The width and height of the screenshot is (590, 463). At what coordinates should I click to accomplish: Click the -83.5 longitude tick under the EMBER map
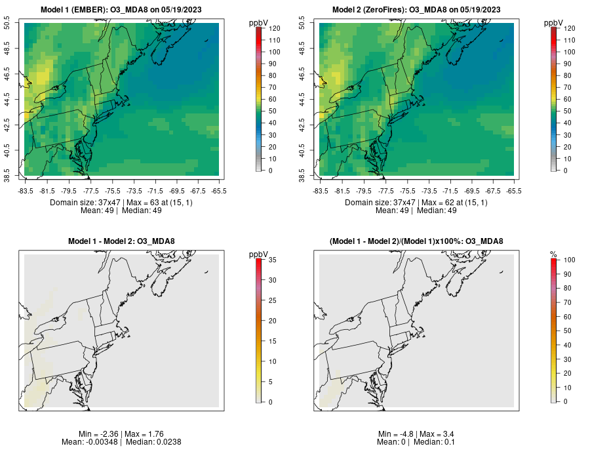click(26, 191)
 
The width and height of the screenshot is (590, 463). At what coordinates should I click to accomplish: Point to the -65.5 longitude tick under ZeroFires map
click(513, 191)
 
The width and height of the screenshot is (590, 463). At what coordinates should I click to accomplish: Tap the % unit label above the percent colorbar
click(553, 254)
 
